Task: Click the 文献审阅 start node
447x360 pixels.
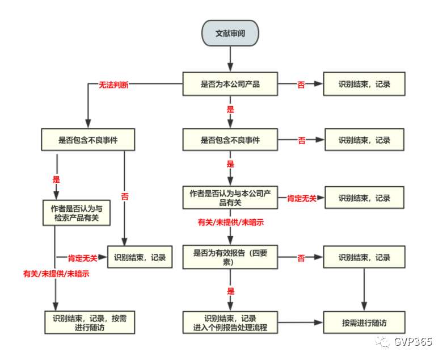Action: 230,34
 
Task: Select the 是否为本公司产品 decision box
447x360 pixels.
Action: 230,85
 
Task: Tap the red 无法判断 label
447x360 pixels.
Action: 113,85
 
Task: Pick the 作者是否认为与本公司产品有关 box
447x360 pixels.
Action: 230,198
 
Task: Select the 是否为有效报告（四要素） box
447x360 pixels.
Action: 230,257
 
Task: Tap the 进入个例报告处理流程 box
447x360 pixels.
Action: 230,323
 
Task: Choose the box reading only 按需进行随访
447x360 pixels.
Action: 364,323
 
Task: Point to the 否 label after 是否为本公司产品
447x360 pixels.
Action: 301,85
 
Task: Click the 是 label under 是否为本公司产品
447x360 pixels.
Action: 230,108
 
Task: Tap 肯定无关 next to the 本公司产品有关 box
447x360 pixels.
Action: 302,198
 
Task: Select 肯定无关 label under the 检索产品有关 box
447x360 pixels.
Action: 83,258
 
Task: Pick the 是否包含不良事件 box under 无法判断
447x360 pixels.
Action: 88,139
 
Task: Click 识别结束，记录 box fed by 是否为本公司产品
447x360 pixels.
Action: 364,84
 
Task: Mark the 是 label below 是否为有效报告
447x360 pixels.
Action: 230,291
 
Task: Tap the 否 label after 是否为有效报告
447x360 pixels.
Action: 301,258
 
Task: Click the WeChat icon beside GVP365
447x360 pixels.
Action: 386,342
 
